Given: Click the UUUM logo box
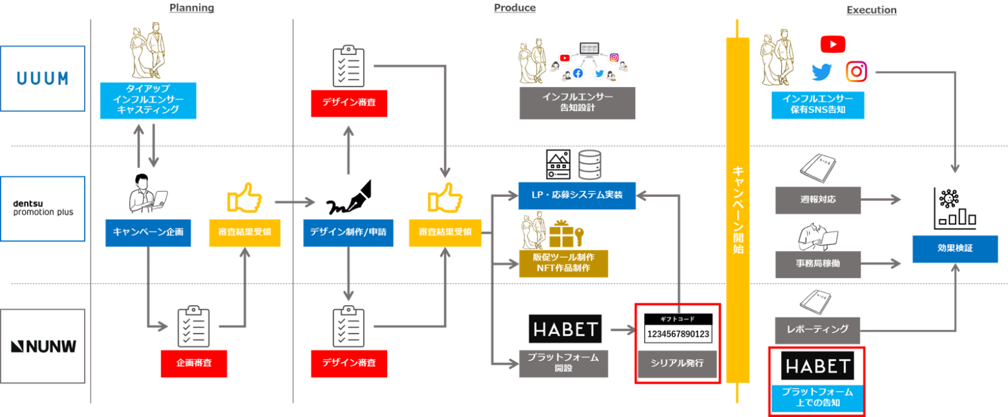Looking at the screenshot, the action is coord(43,79).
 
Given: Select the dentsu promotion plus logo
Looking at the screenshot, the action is coord(43,208).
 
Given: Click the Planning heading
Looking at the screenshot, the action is coord(192,8).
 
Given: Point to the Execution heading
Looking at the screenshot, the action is coord(871,10).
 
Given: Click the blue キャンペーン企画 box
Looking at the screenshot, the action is coord(148,232).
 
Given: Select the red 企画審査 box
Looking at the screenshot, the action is coord(194,363).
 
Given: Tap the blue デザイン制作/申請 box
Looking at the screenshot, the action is coord(348,232).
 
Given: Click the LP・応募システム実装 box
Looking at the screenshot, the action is coord(577,196).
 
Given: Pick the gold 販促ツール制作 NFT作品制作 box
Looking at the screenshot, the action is coord(563,263).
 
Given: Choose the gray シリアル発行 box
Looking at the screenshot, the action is coord(677,363).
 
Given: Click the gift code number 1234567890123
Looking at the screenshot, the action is coord(678,334).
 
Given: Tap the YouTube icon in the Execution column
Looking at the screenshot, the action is coord(832,45).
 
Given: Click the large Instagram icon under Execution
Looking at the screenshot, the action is coord(856,72).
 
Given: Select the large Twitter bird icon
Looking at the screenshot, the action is coord(822,72).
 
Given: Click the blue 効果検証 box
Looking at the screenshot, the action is coord(955,249).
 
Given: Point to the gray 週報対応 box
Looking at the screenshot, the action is coord(817,200).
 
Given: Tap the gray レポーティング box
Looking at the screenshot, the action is coord(817,331).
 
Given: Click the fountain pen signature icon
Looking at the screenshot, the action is coord(349,198).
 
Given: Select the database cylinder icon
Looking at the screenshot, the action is coord(589,165).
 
